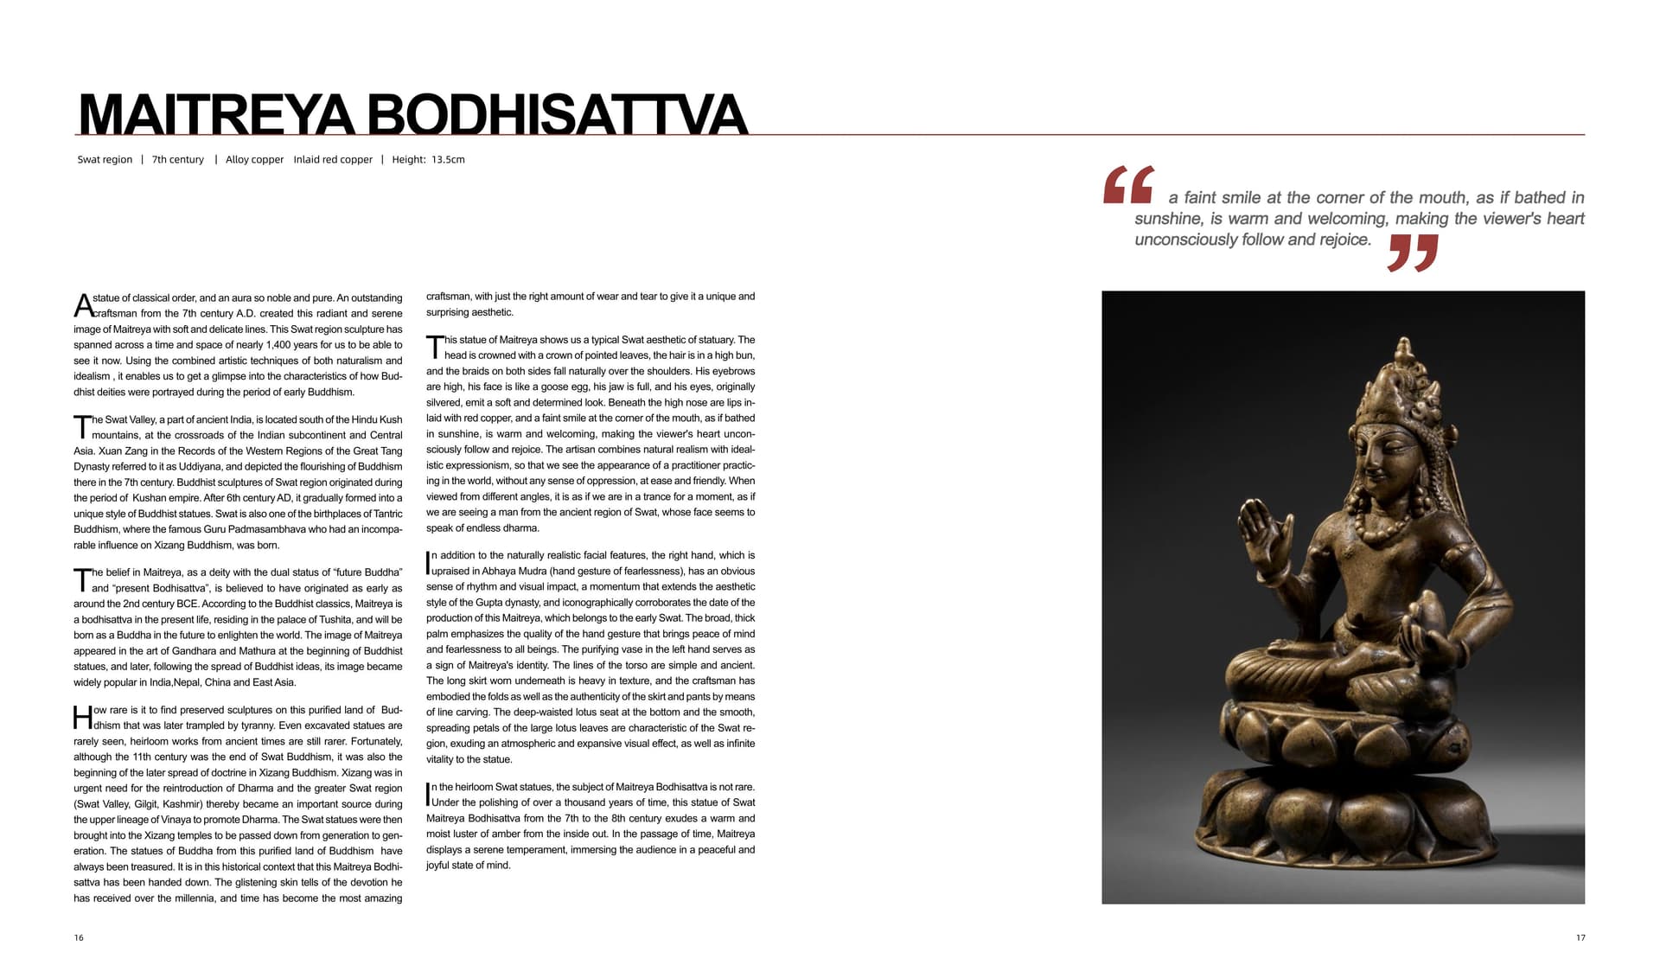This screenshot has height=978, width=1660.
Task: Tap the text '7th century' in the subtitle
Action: click(177, 160)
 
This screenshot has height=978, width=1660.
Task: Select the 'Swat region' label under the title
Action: click(105, 160)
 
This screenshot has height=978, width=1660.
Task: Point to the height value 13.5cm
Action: click(448, 160)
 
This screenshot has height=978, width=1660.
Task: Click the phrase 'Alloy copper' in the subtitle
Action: click(254, 160)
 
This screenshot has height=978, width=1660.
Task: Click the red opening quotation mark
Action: click(1128, 185)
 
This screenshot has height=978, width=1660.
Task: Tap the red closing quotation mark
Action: click(1413, 252)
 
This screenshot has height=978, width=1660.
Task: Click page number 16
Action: click(79, 938)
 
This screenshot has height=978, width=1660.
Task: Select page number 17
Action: click(1580, 938)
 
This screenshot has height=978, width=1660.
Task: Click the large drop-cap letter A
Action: click(83, 306)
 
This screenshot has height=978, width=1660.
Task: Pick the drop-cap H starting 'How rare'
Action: click(82, 718)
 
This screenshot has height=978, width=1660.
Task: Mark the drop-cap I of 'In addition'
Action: click(428, 563)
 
